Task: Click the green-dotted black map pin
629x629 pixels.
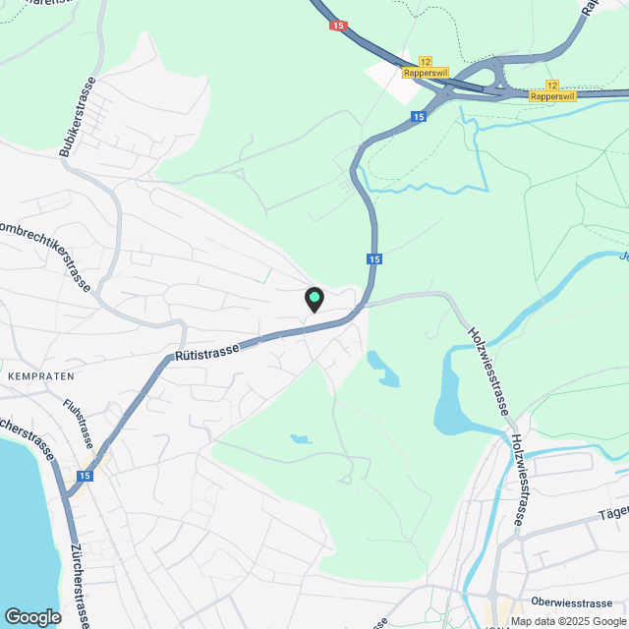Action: click(x=314, y=299)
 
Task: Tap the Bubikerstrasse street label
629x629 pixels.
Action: click(x=78, y=116)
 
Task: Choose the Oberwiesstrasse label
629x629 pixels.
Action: click(x=570, y=601)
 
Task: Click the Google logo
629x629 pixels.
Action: click(x=31, y=616)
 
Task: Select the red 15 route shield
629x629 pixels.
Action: click(x=339, y=26)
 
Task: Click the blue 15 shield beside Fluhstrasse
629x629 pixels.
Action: click(x=86, y=476)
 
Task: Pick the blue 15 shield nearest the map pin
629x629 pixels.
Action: click(x=374, y=259)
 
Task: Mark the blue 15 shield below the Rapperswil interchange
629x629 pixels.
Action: click(x=418, y=117)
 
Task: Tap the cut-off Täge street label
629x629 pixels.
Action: click(x=612, y=513)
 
